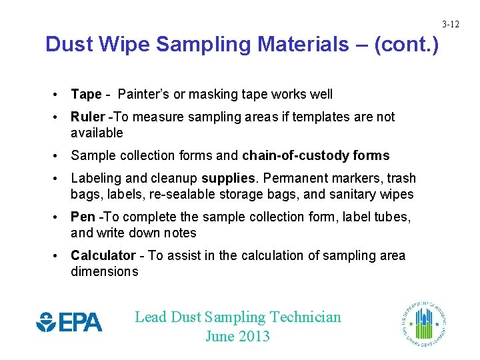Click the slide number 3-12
pyautogui.click(x=451, y=25)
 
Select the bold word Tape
pyautogui.click(x=86, y=95)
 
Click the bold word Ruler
pyautogui.click(x=87, y=117)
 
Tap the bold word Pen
pyautogui.click(x=83, y=217)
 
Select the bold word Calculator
pyautogui.click(x=103, y=256)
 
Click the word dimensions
pyautogui.click(x=104, y=271)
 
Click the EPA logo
pyautogui.click(x=69, y=322)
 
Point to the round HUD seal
pyautogui.click(x=424, y=322)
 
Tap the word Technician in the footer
pyautogui.click(x=305, y=317)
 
